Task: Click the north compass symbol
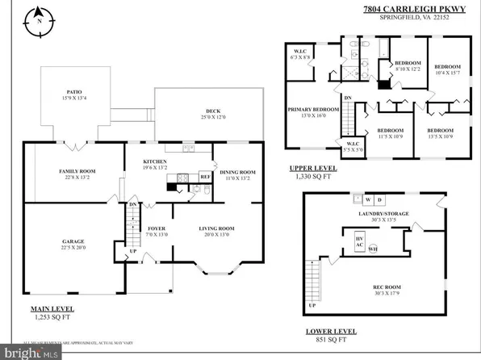coord(39,22)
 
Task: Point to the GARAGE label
coord(73,241)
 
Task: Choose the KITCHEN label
coord(155,161)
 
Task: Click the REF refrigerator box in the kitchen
coord(205,176)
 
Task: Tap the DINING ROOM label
coord(237,171)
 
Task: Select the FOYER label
coord(157,228)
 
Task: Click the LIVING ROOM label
coord(217,228)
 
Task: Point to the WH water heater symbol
coord(373,249)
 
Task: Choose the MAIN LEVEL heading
coord(46,309)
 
